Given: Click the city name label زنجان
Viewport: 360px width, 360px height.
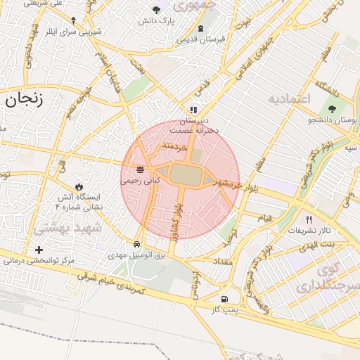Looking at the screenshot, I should (x=25, y=98).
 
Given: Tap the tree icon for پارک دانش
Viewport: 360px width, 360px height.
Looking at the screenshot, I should (x=157, y=10).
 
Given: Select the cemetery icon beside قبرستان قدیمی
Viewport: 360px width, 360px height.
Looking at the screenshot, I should (x=202, y=29).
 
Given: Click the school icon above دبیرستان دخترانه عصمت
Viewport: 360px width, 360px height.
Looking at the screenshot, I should (x=193, y=110).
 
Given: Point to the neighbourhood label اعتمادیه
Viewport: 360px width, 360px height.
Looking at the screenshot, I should (x=288, y=98).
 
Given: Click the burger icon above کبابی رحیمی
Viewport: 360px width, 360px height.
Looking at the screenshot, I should (x=141, y=169).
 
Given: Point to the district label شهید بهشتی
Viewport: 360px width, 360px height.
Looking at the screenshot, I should (x=68, y=228).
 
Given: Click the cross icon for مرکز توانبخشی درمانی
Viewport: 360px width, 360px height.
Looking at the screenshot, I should (x=39, y=250).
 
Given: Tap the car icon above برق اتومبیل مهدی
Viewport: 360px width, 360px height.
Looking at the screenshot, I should (x=145, y=245).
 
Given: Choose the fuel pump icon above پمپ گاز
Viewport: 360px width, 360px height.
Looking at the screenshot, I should (x=224, y=299).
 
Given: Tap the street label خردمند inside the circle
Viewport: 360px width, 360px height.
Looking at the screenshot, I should (x=174, y=147).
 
